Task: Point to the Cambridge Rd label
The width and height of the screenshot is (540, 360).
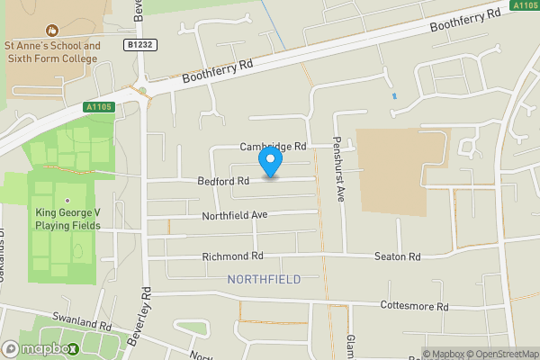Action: click(x=274, y=146)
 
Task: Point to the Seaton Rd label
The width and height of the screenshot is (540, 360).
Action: click(x=398, y=256)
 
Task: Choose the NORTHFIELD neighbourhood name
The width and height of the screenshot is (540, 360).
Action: click(x=264, y=280)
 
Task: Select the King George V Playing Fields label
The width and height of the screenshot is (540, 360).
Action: click(x=67, y=219)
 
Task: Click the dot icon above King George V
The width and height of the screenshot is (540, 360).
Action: click(x=67, y=200)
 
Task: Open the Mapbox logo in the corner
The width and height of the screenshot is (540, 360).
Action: click(x=40, y=349)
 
